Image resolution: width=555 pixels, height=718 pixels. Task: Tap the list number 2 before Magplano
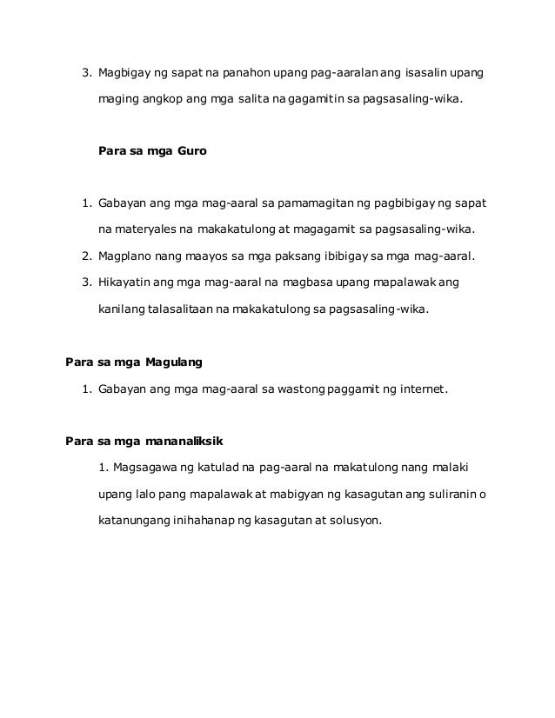[85, 258]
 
